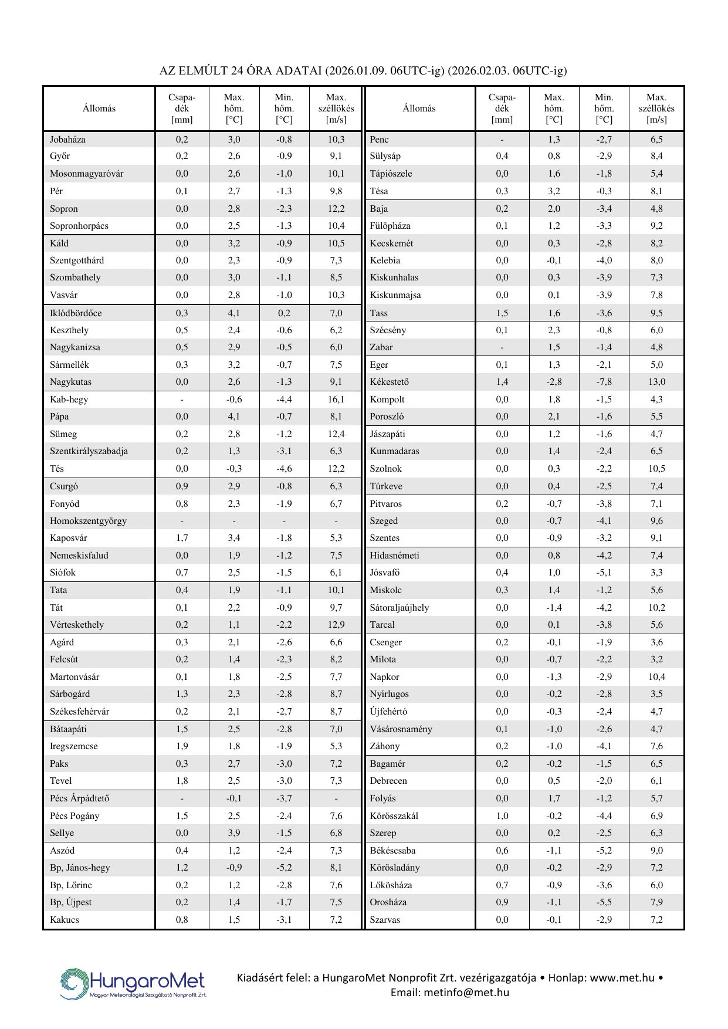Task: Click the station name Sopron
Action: pyautogui.click(x=64, y=209)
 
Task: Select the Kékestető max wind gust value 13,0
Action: pyautogui.click(x=656, y=382)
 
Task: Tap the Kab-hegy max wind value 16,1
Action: pyautogui.click(x=336, y=400)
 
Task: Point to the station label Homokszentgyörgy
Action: pyautogui.click(x=88, y=521)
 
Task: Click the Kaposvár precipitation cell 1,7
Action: pyautogui.click(x=182, y=538)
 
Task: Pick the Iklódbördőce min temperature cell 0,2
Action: pyautogui.click(x=284, y=313)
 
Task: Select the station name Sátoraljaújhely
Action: pyautogui.click(x=399, y=608)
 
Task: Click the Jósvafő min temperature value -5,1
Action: pyautogui.click(x=604, y=573)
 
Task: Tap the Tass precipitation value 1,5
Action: pyautogui.click(x=502, y=313)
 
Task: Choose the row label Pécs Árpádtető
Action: pyautogui.click(x=79, y=798)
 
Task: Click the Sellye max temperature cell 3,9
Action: pyautogui.click(x=234, y=833)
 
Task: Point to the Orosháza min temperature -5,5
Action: pyautogui.click(x=604, y=902)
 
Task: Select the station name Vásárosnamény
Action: pyautogui.click(x=401, y=729)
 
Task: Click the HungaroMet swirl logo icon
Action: pyautogui.click(x=74, y=984)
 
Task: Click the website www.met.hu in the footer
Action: pyautogui.click(x=622, y=978)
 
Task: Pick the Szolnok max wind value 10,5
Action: pyautogui.click(x=656, y=469)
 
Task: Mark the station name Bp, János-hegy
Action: pyautogui.click(x=80, y=868)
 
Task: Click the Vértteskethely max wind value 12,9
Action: pyautogui.click(x=336, y=625)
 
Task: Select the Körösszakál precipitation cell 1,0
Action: pyautogui.click(x=502, y=816)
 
